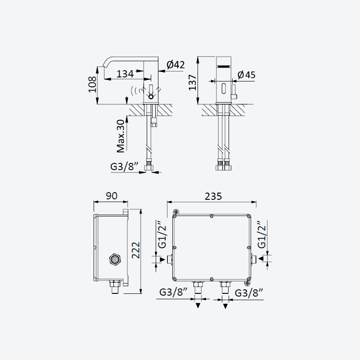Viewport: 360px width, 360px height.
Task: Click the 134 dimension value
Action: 125,74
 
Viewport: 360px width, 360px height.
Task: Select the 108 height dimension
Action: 93,85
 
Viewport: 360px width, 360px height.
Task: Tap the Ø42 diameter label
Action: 175,65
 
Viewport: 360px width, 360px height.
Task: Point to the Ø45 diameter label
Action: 246,75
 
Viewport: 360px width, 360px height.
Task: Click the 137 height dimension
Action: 193,82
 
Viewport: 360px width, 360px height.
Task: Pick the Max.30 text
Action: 121,136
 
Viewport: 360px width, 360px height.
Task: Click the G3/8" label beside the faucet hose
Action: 125,166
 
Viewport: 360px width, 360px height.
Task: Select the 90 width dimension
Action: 112,196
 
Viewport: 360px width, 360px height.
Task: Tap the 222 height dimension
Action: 135,250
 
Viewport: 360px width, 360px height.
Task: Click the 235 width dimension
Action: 213,196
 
